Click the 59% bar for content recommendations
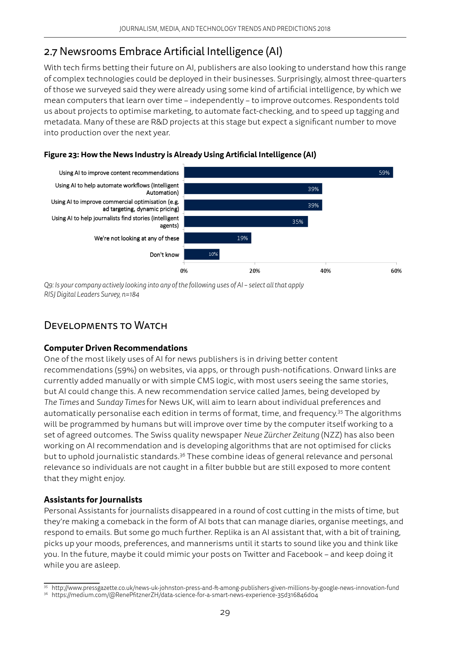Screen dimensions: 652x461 pyautogui.click(x=288, y=172)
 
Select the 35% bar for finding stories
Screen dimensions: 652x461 pyautogui.click(x=246, y=222)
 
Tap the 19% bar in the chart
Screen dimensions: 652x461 pyautogui.click(x=217, y=238)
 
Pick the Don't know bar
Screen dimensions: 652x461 pyautogui.click(x=202, y=254)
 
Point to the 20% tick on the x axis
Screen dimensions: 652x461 pyautogui.click(x=255, y=271)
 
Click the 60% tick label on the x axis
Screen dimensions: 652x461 pyautogui.click(x=396, y=271)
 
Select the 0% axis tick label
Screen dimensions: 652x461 pyautogui.click(x=184, y=271)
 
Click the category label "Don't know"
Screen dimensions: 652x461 pyautogui.click(x=164, y=255)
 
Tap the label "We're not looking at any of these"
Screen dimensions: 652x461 pyautogui.click(x=136, y=238)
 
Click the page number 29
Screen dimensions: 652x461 pyautogui.click(x=225, y=613)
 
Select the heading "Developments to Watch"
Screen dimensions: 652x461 pyautogui.click(x=106, y=326)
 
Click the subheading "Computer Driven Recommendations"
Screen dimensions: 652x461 pyautogui.click(x=116, y=348)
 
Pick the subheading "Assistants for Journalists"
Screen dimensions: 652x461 pyautogui.click(x=93, y=500)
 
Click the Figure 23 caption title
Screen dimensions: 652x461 pyautogui.click(x=180, y=155)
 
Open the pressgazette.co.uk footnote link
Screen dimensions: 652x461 pyautogui.click(x=225, y=588)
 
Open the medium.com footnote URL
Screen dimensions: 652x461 pyautogui.click(x=185, y=595)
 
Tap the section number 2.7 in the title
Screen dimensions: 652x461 pyautogui.click(x=51, y=52)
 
